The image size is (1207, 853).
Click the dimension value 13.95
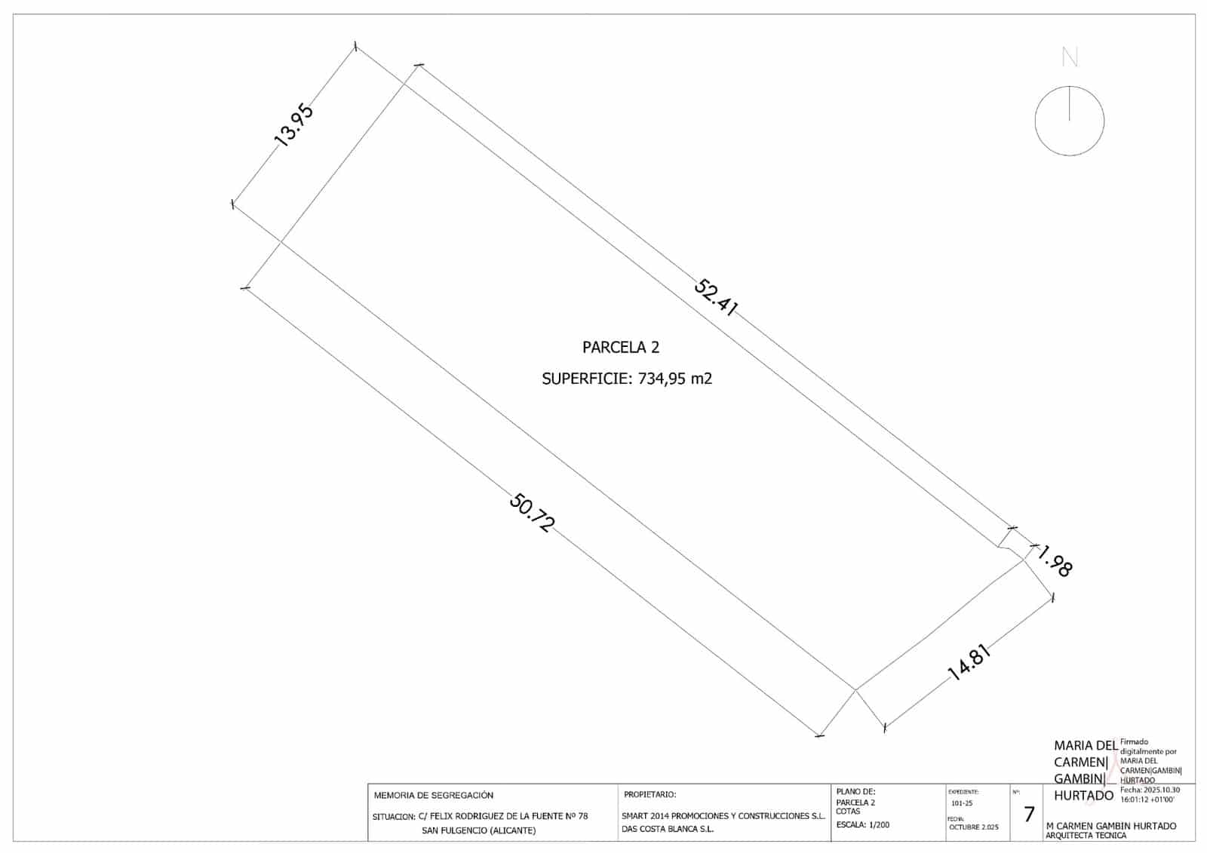[x=293, y=125]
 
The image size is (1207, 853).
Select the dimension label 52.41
[x=714, y=297]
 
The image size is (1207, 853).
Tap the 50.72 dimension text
[x=531, y=513]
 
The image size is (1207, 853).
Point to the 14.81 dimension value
[x=969, y=662]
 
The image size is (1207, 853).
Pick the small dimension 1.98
[x=1055, y=562]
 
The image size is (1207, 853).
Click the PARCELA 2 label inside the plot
[x=621, y=348]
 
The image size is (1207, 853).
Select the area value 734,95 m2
[x=675, y=379]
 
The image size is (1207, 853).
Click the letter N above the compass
[x=1070, y=57]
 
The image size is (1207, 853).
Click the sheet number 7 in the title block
[x=1029, y=815]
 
